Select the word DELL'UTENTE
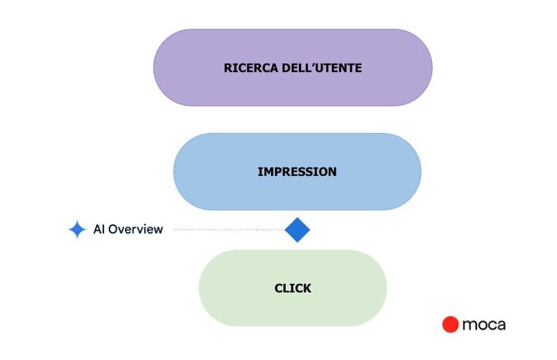(x=319, y=68)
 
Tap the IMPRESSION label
(x=297, y=172)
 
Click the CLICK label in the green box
(x=293, y=289)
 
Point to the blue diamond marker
(x=297, y=230)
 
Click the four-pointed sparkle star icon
(x=77, y=230)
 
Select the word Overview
(x=135, y=229)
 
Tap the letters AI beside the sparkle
(x=99, y=229)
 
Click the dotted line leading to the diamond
(x=228, y=230)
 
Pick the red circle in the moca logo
(x=450, y=324)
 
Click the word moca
(x=483, y=324)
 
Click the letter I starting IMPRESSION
(x=260, y=172)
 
